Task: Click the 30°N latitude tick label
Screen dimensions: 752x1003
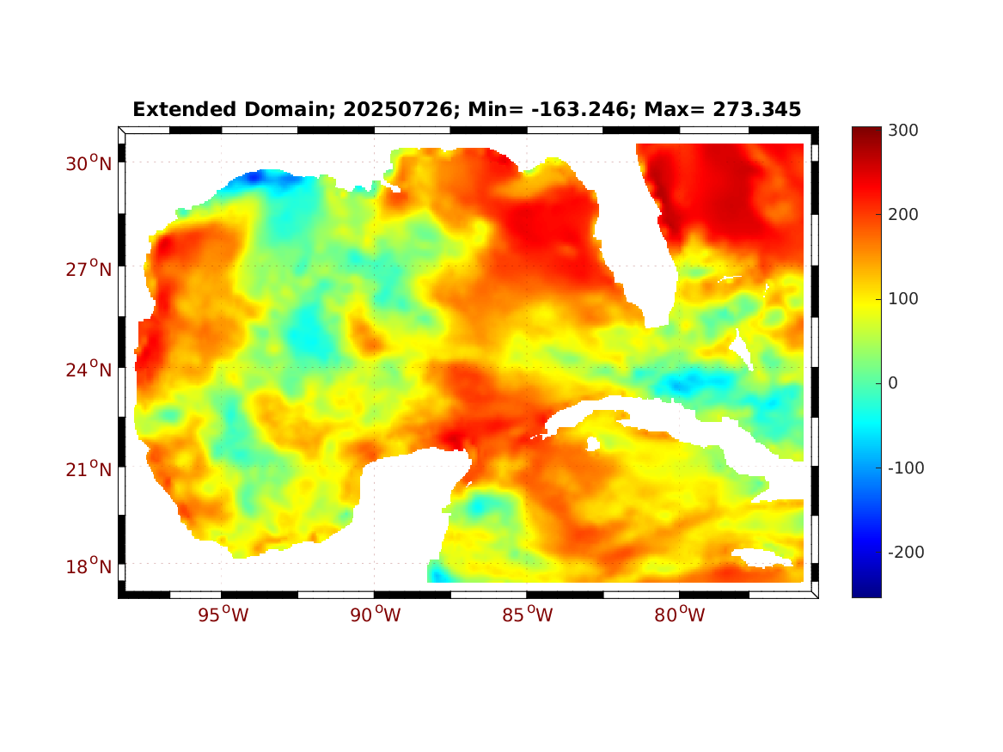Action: pos(89,163)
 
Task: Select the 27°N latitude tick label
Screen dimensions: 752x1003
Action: pos(89,269)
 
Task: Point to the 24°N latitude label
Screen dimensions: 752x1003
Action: pos(89,370)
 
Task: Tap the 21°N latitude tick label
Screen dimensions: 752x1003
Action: pos(89,469)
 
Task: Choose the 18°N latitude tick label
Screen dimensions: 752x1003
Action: pos(89,566)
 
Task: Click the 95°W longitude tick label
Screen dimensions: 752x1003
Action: pos(223,615)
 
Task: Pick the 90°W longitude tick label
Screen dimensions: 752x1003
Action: pos(376,615)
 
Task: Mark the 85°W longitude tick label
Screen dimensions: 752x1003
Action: pos(528,615)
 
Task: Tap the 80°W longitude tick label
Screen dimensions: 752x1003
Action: pos(680,615)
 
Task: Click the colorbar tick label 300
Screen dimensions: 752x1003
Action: pos(903,130)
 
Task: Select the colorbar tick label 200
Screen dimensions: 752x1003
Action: pos(903,214)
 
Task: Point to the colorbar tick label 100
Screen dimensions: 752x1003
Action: pos(903,298)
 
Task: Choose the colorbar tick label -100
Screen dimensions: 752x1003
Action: pos(906,468)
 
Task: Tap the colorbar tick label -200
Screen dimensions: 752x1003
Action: pos(906,552)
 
